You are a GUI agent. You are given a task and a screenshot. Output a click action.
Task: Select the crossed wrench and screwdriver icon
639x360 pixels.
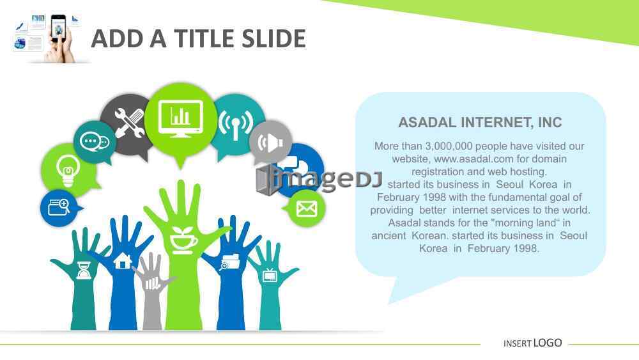129,123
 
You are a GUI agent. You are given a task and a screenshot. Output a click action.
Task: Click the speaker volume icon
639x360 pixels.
270,143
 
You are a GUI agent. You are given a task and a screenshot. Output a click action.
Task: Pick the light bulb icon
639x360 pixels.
68,171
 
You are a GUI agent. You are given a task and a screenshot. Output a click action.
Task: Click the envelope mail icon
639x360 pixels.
307,208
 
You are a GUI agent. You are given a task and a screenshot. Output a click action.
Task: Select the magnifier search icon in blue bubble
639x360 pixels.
59,207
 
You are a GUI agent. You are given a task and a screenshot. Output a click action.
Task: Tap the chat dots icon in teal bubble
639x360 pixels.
95,141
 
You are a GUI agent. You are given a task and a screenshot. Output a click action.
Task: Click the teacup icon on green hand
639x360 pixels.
183,240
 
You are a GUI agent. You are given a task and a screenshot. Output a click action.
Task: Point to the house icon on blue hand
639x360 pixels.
123,260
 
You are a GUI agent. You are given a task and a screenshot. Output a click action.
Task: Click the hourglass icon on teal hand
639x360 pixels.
84,270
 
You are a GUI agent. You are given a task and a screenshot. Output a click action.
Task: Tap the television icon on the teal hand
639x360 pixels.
270,275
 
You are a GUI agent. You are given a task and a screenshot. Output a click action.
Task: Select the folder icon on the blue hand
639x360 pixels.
229,262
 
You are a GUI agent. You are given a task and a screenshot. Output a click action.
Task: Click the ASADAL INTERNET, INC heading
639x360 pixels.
480,122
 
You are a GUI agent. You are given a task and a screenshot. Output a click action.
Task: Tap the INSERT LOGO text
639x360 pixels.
533,343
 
